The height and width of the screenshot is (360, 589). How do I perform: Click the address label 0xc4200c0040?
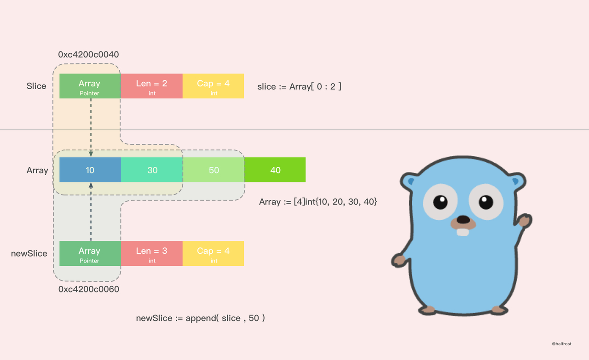[88, 55]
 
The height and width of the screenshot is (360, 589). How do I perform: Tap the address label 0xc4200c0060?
[89, 289]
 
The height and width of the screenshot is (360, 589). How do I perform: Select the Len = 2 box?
[152, 86]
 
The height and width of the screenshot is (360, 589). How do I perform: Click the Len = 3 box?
[152, 253]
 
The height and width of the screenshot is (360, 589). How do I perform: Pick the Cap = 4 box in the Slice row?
[214, 86]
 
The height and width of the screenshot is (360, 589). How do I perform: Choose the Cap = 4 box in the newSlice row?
[214, 253]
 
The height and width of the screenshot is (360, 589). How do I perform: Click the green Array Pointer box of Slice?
[90, 86]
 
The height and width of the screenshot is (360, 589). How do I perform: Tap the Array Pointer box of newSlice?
[90, 253]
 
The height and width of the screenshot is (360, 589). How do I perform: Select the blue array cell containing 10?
[90, 170]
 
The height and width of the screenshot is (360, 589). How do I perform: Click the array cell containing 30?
[152, 170]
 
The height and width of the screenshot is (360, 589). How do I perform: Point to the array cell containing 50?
[214, 170]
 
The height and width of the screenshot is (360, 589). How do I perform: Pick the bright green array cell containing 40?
[275, 170]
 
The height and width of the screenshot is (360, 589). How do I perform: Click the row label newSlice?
[29, 253]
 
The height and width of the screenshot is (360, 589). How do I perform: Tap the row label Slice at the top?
[36, 86]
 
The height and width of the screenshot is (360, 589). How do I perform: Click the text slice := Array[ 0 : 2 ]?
[300, 86]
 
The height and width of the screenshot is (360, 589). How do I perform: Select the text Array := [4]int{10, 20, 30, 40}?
[318, 201]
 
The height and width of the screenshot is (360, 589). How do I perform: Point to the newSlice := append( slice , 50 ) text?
[200, 318]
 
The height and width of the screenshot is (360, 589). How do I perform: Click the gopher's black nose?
[463, 220]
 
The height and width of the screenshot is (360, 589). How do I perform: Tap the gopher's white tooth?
[463, 232]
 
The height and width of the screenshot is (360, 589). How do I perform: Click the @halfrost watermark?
[561, 344]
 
